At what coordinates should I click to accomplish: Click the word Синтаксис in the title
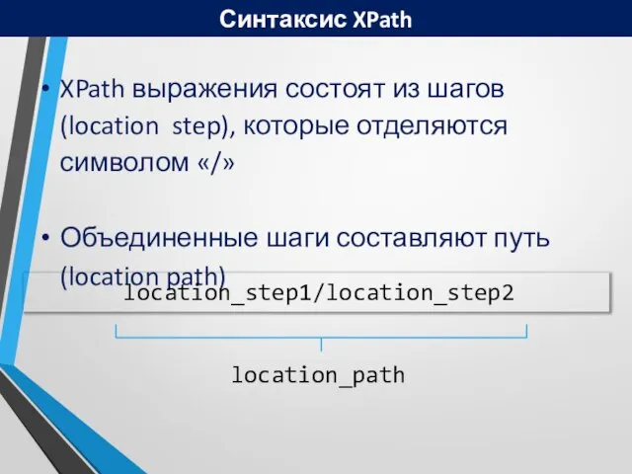point(269,18)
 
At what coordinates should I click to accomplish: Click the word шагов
point(462,90)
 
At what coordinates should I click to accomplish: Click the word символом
point(121,162)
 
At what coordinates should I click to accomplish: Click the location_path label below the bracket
point(318,375)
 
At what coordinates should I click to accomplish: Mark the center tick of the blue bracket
point(322,344)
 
